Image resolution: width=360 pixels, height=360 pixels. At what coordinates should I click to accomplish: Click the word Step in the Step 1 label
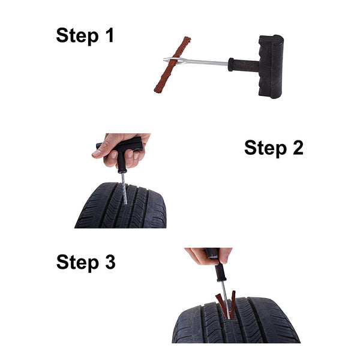click(x=76, y=36)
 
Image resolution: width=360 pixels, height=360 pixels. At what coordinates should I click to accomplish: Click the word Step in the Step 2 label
click(x=264, y=148)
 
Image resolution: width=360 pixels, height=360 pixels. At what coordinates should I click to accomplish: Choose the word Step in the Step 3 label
click(x=76, y=263)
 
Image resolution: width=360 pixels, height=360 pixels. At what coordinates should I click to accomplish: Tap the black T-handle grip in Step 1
click(x=271, y=66)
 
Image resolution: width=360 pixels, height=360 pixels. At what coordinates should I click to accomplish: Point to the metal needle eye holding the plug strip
click(x=174, y=59)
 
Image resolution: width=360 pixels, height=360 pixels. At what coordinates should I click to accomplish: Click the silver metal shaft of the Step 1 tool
click(x=204, y=62)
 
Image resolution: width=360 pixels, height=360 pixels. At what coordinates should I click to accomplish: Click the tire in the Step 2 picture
click(x=120, y=210)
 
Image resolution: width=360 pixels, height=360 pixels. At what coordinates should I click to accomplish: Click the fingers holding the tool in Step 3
click(x=204, y=257)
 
